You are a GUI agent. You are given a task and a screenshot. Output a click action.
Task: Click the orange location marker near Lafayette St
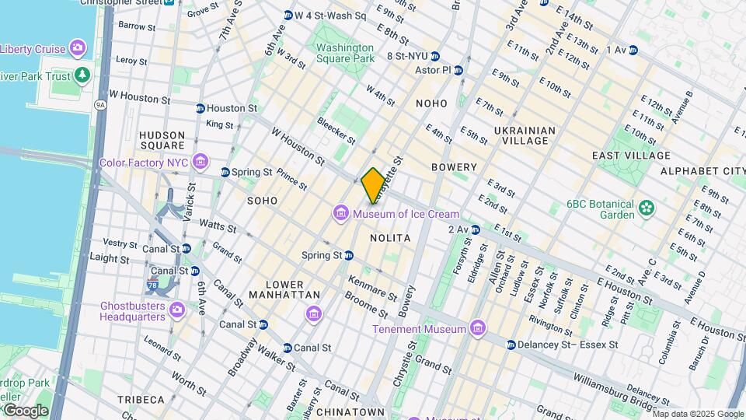click(x=373, y=186)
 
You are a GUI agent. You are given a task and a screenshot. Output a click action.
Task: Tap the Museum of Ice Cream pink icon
click(x=340, y=213)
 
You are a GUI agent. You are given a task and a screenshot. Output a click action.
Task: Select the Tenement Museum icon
click(x=477, y=328)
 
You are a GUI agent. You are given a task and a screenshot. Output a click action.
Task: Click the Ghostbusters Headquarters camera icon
click(x=177, y=310)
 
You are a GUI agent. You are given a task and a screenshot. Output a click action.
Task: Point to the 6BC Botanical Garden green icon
click(x=645, y=208)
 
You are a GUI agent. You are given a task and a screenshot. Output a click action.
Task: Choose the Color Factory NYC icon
click(x=200, y=163)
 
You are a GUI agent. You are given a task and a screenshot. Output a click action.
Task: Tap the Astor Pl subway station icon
click(x=459, y=70)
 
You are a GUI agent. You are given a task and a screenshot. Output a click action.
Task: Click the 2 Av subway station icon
click(x=475, y=229)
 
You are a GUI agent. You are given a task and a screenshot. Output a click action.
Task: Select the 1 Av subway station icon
click(x=633, y=50)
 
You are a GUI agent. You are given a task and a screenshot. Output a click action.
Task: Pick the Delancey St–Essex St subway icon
click(x=511, y=344)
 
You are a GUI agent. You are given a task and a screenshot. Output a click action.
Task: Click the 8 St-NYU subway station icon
click(x=435, y=56)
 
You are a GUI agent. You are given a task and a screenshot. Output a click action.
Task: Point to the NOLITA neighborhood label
click(x=390, y=236)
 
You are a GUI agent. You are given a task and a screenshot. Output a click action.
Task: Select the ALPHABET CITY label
click(x=702, y=170)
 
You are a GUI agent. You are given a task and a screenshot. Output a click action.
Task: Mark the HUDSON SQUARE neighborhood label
click(x=162, y=140)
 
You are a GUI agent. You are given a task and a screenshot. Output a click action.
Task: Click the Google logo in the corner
click(x=25, y=410)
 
